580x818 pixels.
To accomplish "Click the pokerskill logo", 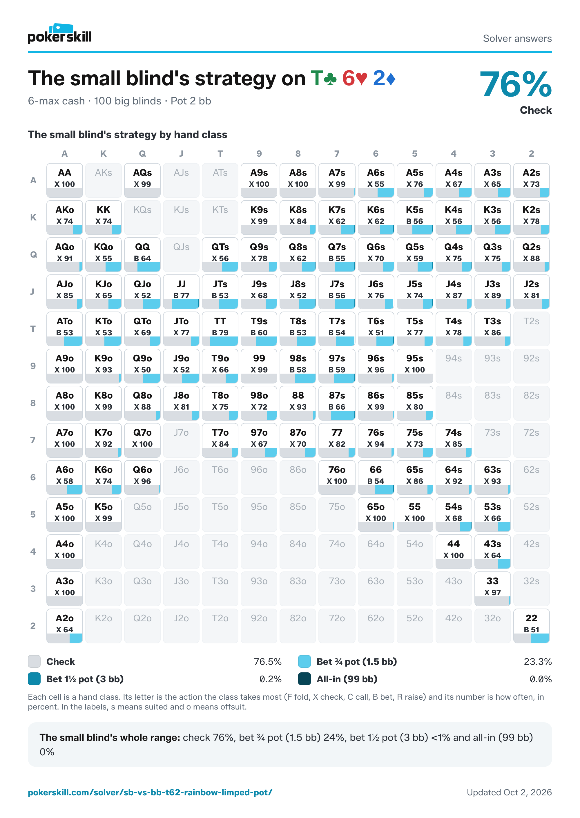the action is coord(60,34).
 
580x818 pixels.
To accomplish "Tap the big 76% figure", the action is coord(515,84).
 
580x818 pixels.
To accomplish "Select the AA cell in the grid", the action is coord(65,180).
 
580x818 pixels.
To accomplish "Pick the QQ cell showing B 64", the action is coord(142,255).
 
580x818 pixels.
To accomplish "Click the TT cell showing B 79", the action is coord(220,329).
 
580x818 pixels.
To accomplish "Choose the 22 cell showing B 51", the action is coord(532,626).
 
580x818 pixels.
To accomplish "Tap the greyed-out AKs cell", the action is coord(104,180).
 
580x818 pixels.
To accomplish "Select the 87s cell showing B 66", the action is coord(337,403).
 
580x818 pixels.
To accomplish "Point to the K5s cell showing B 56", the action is coord(415,218).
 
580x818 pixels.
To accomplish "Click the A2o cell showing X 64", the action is coord(65,626).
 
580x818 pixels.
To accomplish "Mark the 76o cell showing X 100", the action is coord(337,477).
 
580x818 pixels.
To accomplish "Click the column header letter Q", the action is coord(142,154).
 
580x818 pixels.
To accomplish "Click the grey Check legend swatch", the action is coord(34,662).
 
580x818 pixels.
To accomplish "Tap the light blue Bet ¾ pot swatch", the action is coord(304,662).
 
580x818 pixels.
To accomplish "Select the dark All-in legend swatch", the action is coord(304,679).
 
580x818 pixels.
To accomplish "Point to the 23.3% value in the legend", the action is coord(537,662).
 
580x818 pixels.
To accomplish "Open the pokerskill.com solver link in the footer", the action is coord(150,792).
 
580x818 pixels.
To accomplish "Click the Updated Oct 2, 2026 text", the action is coord(509,792).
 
